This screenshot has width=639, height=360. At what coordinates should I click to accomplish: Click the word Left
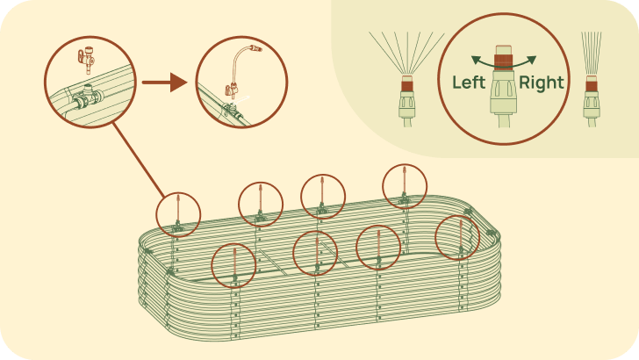pos(469,83)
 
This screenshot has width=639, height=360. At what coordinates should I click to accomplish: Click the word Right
pos(542,83)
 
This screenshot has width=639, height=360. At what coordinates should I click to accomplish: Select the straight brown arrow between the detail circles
pos(165,83)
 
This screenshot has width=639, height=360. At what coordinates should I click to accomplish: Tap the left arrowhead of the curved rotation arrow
pos(476,61)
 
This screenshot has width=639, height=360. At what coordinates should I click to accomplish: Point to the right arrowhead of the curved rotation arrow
pos(531,61)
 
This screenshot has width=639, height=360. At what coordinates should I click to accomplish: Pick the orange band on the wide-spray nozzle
pos(407,86)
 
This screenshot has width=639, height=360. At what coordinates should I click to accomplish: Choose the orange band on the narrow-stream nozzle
pos(591,86)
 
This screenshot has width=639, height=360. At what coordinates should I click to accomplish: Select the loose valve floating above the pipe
pos(87,59)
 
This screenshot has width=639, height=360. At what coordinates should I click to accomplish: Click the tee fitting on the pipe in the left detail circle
pos(87,97)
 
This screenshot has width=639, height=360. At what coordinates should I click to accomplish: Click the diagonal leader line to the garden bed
pos(139,160)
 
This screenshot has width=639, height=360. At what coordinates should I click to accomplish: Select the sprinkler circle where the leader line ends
pos(178,215)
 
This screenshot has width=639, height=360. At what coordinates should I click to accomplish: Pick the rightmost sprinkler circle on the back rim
pos(405,186)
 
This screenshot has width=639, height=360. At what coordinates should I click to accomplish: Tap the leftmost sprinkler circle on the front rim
pos(233,265)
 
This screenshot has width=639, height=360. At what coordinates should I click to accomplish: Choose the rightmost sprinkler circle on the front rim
pos(457,238)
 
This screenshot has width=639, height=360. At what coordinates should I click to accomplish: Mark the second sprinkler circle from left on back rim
pos(261,205)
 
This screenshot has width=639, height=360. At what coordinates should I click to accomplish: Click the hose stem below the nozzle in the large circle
pos(504,120)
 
